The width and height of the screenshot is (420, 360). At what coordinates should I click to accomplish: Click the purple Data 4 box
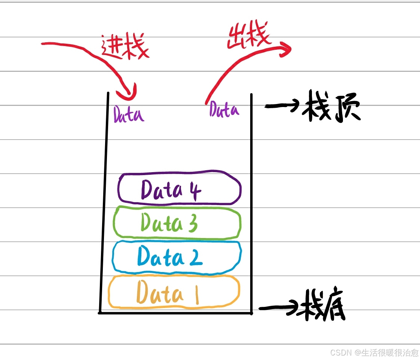click(180, 189)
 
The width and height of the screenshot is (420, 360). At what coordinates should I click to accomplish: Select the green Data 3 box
click(177, 223)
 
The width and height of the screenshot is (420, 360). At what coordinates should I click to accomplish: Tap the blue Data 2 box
click(177, 257)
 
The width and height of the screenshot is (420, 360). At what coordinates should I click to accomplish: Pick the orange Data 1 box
click(174, 292)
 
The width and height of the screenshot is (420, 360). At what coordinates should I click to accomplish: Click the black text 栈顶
click(333, 110)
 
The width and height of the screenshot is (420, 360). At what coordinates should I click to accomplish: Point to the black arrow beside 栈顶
click(281, 106)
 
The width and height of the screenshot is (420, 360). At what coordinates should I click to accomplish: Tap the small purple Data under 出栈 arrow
click(224, 109)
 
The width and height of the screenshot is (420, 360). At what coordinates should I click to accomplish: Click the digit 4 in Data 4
click(194, 190)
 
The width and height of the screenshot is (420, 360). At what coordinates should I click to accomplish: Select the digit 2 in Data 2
click(195, 257)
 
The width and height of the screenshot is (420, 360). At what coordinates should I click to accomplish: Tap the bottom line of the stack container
click(175, 313)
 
